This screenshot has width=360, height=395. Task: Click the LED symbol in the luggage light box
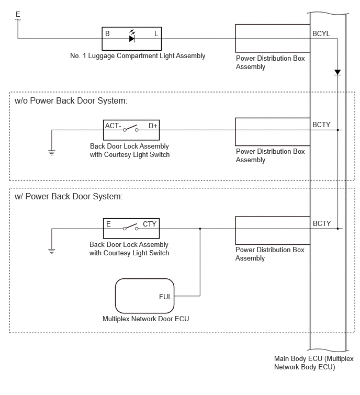point(132,36)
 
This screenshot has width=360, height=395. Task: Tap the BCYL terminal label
point(321,33)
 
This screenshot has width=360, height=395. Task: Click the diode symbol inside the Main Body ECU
point(337,73)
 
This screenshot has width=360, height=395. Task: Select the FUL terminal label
point(165,297)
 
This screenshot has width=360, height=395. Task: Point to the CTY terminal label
point(150,224)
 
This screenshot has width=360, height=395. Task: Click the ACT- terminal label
point(113,126)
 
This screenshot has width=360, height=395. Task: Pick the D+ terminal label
point(153,126)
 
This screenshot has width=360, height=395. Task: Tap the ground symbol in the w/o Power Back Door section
point(52,152)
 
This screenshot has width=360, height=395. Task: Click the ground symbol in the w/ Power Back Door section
point(52,251)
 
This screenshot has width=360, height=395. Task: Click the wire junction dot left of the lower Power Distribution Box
point(200,229)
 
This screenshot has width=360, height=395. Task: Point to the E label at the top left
point(18,14)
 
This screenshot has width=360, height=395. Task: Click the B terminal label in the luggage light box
point(107,33)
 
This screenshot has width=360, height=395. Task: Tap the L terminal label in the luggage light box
point(156,33)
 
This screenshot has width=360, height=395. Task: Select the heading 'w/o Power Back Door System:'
point(71,101)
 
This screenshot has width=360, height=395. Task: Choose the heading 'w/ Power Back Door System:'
point(69,197)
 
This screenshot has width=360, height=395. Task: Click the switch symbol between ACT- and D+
point(131,129)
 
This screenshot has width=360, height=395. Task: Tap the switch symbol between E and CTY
point(131,227)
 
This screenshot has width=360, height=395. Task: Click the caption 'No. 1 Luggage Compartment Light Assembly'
point(138,56)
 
